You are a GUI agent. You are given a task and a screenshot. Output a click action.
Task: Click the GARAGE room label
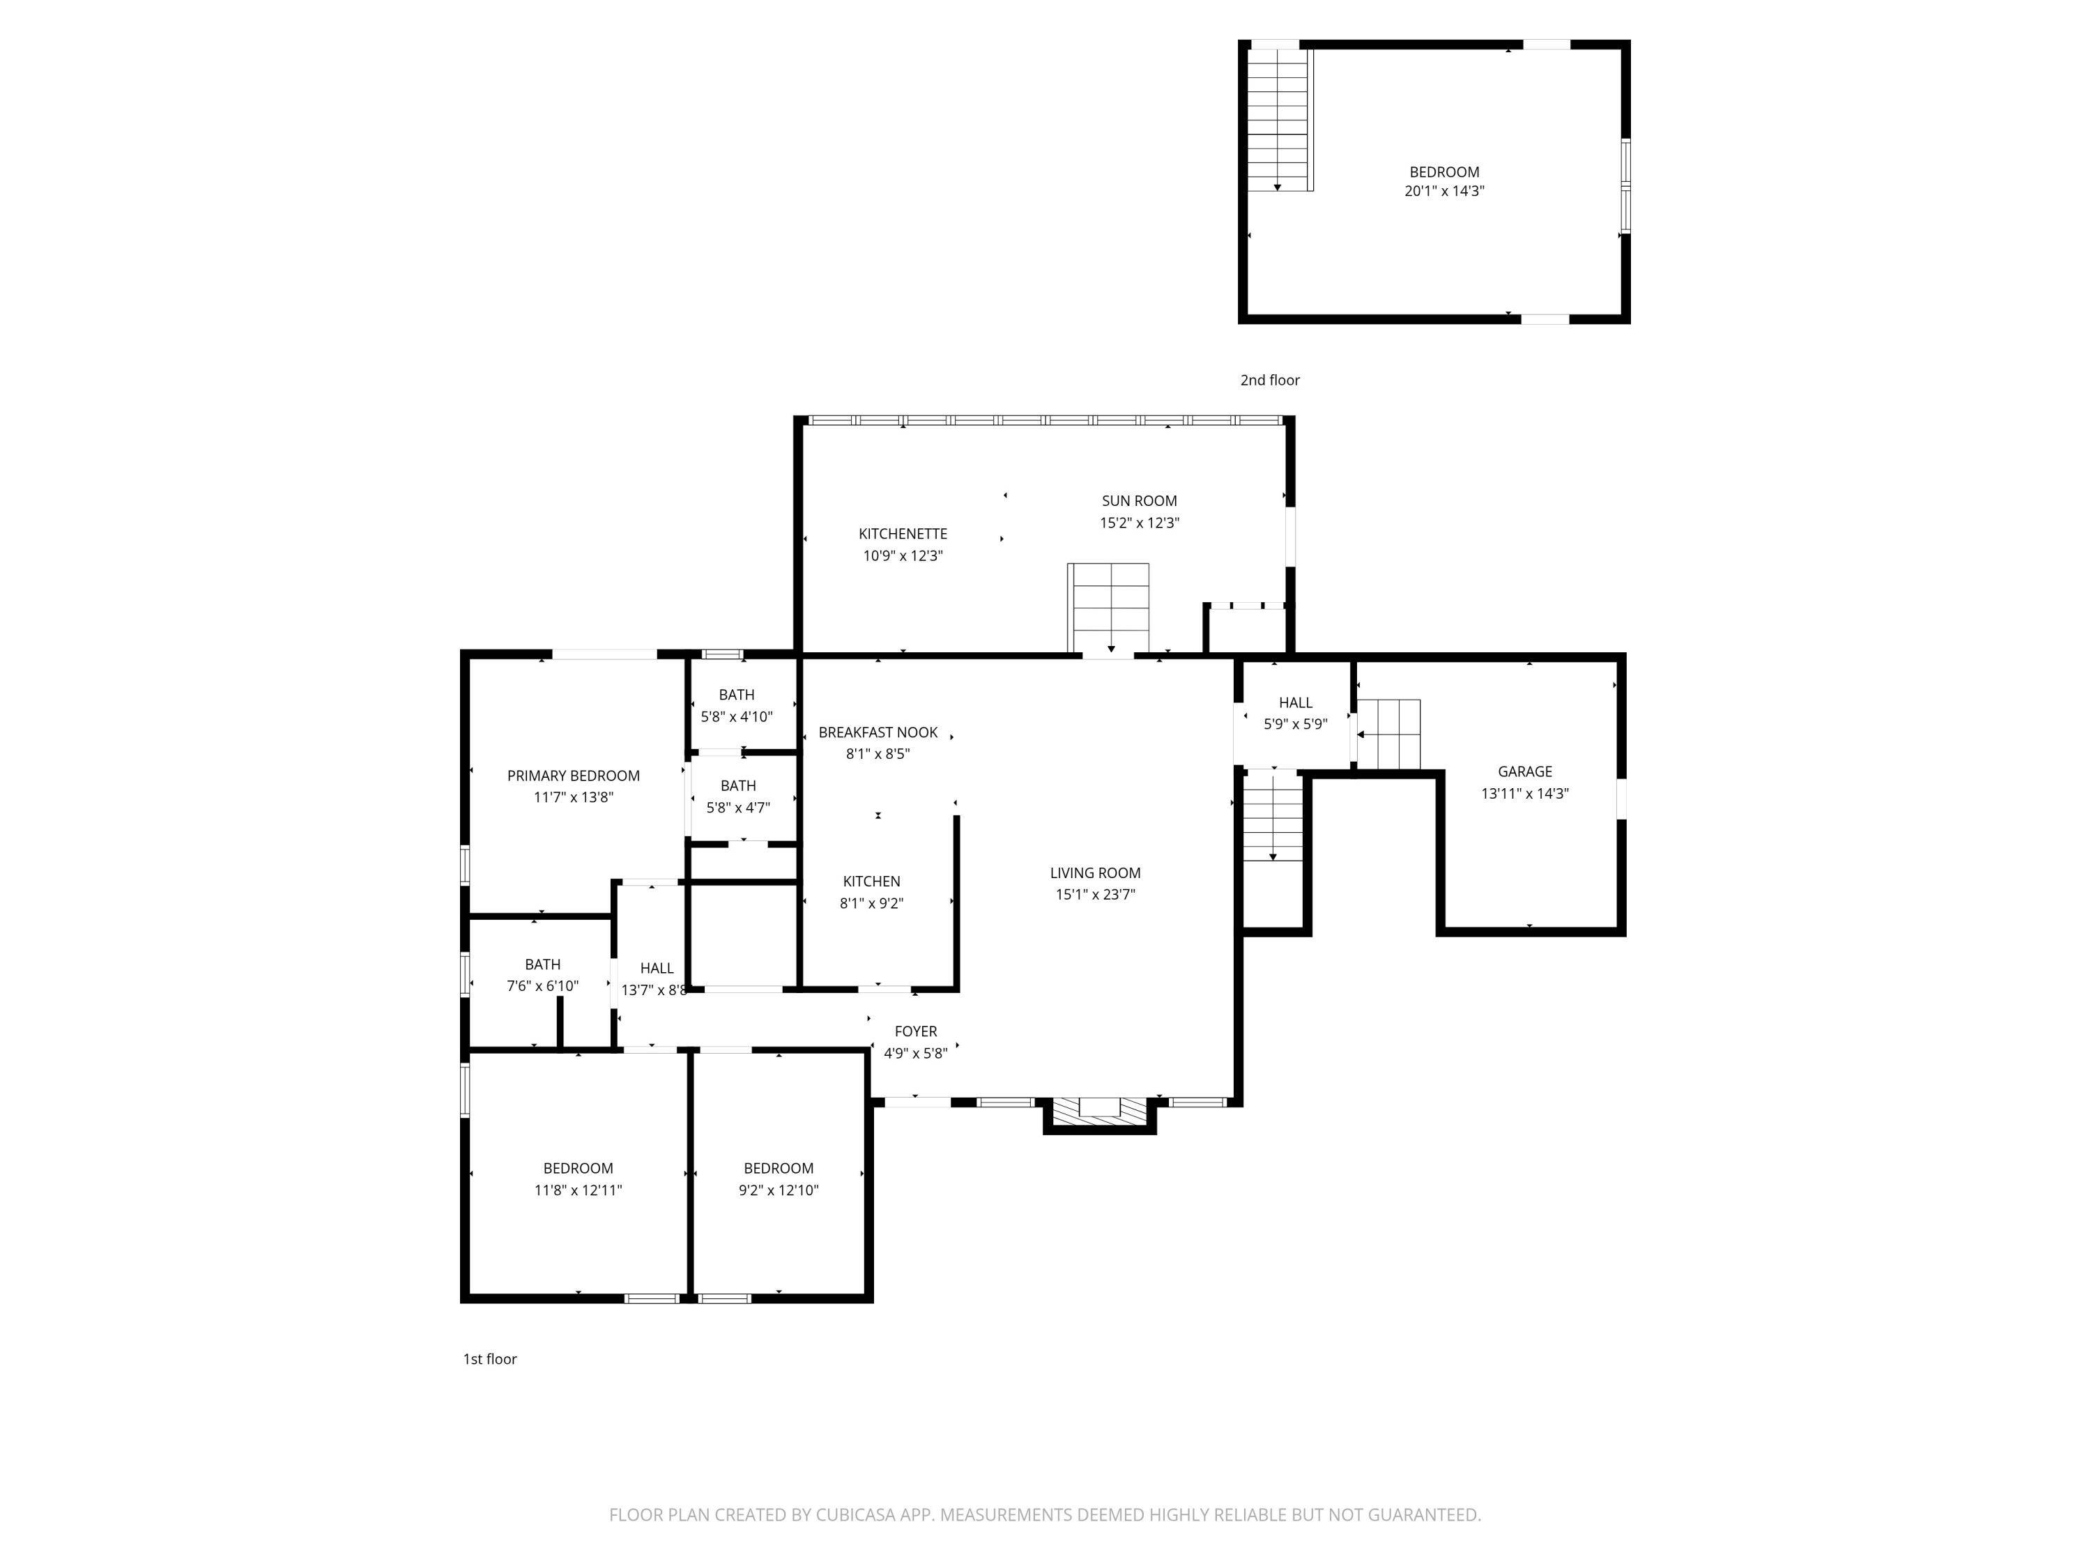1525,771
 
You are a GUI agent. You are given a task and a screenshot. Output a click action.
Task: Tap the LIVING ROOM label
1095,873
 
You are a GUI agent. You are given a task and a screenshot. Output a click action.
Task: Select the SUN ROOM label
1139,501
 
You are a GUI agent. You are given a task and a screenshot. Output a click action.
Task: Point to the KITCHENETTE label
903,534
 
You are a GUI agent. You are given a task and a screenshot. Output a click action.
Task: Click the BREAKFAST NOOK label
878,732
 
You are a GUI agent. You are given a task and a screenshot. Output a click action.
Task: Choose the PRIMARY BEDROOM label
574,776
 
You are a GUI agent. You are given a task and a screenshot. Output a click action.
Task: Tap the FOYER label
916,1031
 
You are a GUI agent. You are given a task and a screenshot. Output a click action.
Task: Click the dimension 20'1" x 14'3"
1444,191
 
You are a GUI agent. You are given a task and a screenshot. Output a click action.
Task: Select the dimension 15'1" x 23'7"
1095,894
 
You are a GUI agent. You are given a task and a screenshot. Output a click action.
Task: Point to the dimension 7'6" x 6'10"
542,986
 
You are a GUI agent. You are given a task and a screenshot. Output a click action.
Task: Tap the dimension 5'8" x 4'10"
737,716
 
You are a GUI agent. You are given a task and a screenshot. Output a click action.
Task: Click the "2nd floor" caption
1269,380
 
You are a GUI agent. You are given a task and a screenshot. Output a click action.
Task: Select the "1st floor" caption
490,1359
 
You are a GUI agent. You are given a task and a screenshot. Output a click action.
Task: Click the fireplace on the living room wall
1099,1114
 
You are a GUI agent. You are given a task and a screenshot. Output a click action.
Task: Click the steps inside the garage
1388,735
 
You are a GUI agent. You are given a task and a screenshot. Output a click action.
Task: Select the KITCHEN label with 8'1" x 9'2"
871,881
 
